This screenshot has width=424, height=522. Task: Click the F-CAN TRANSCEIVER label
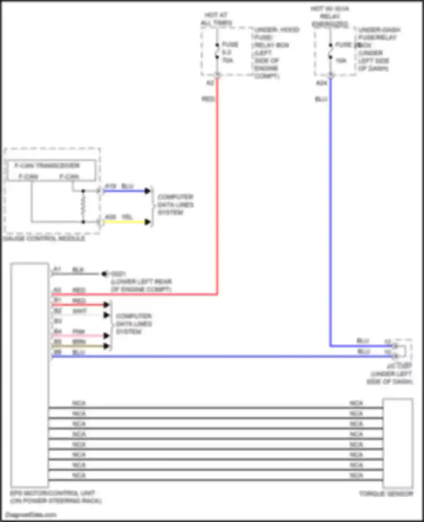47,165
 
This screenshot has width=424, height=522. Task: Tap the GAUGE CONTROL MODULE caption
44,239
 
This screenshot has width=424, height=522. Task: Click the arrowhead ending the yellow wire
147,222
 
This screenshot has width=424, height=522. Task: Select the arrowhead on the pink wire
106,336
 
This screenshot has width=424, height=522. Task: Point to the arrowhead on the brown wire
106,346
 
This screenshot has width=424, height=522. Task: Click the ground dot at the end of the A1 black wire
104,274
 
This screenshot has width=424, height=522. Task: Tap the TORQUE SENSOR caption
386,494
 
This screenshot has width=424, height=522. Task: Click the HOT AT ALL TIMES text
216,19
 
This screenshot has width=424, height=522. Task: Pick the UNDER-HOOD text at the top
277,30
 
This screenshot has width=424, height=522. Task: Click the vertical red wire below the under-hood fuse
217,184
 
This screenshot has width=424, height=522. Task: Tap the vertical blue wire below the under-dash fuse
330,212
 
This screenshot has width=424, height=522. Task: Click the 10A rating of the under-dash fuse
341,61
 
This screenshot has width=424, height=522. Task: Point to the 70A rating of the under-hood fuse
228,60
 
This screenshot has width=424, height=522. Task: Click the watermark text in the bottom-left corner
31,515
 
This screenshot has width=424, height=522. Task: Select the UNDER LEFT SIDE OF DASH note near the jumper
390,378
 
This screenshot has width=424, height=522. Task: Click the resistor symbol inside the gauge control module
83,206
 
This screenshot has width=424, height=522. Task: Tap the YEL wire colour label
127,217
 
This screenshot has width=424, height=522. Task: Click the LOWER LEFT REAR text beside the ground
141,282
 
